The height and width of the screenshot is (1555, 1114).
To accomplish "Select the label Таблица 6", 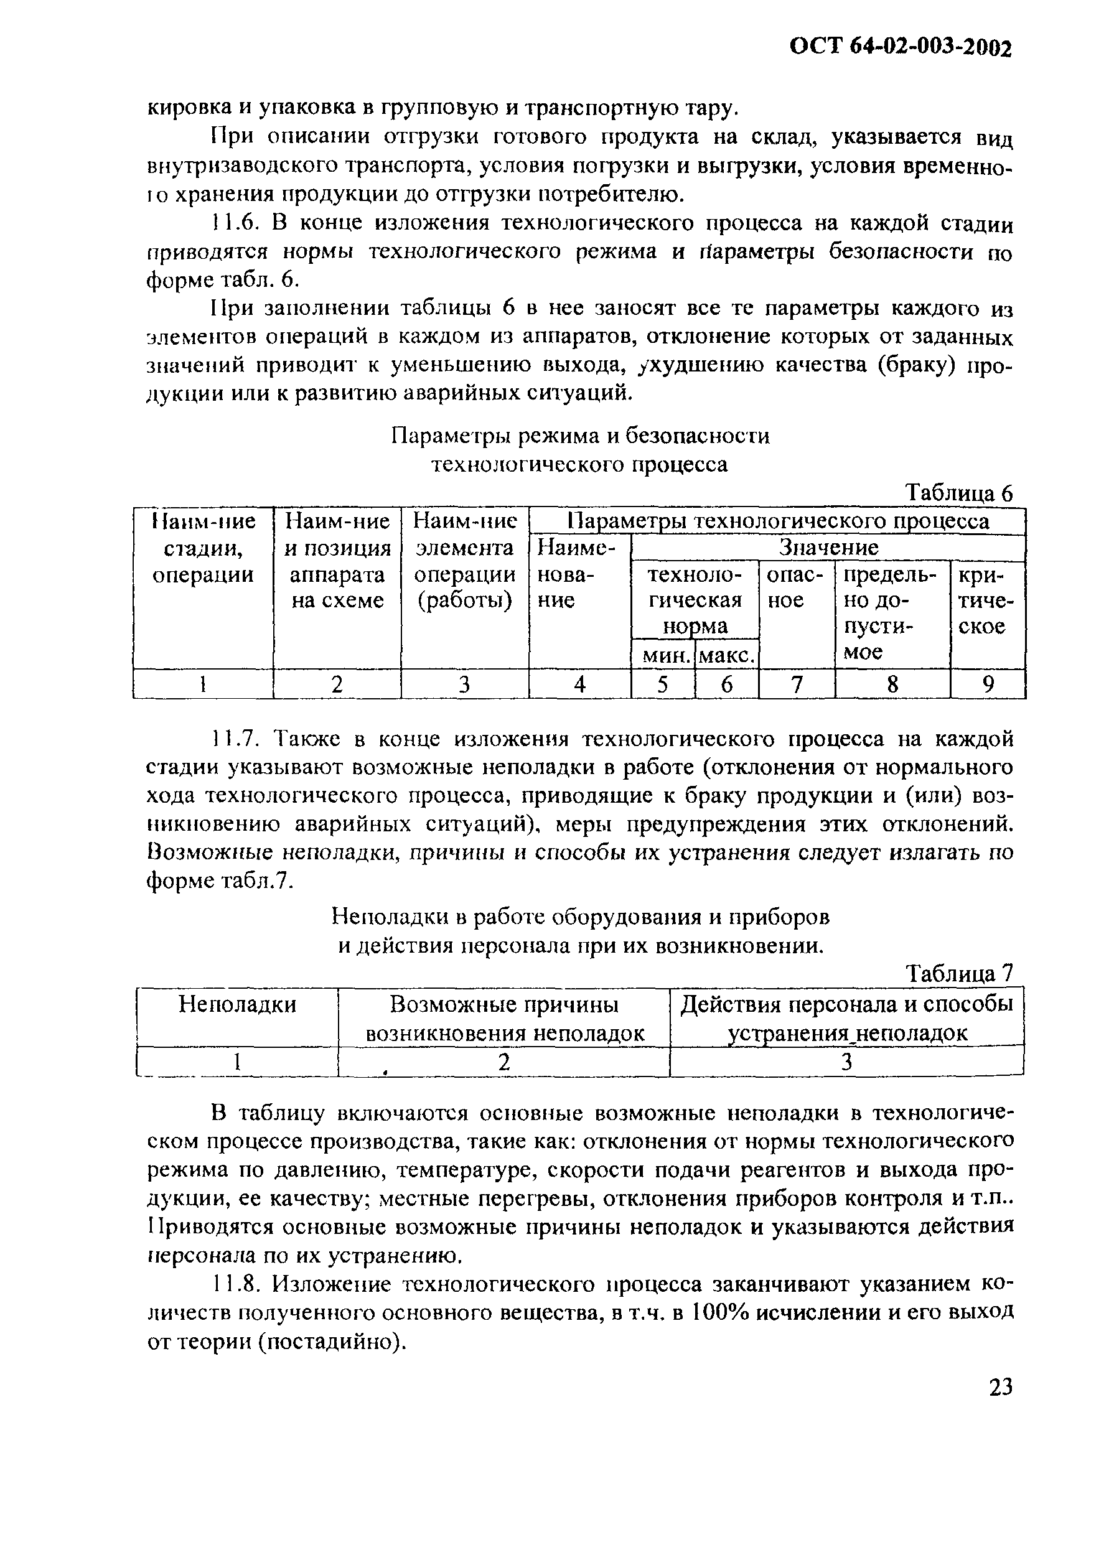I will [x=958, y=493].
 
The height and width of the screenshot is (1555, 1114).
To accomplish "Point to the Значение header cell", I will [x=828, y=548].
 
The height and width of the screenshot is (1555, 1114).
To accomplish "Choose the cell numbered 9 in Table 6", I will [x=988, y=684].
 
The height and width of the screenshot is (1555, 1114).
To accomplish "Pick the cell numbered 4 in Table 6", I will [x=579, y=684].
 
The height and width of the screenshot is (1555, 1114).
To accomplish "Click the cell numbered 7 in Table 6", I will [x=797, y=684].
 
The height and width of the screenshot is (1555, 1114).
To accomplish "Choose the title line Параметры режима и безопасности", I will [x=580, y=436].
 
